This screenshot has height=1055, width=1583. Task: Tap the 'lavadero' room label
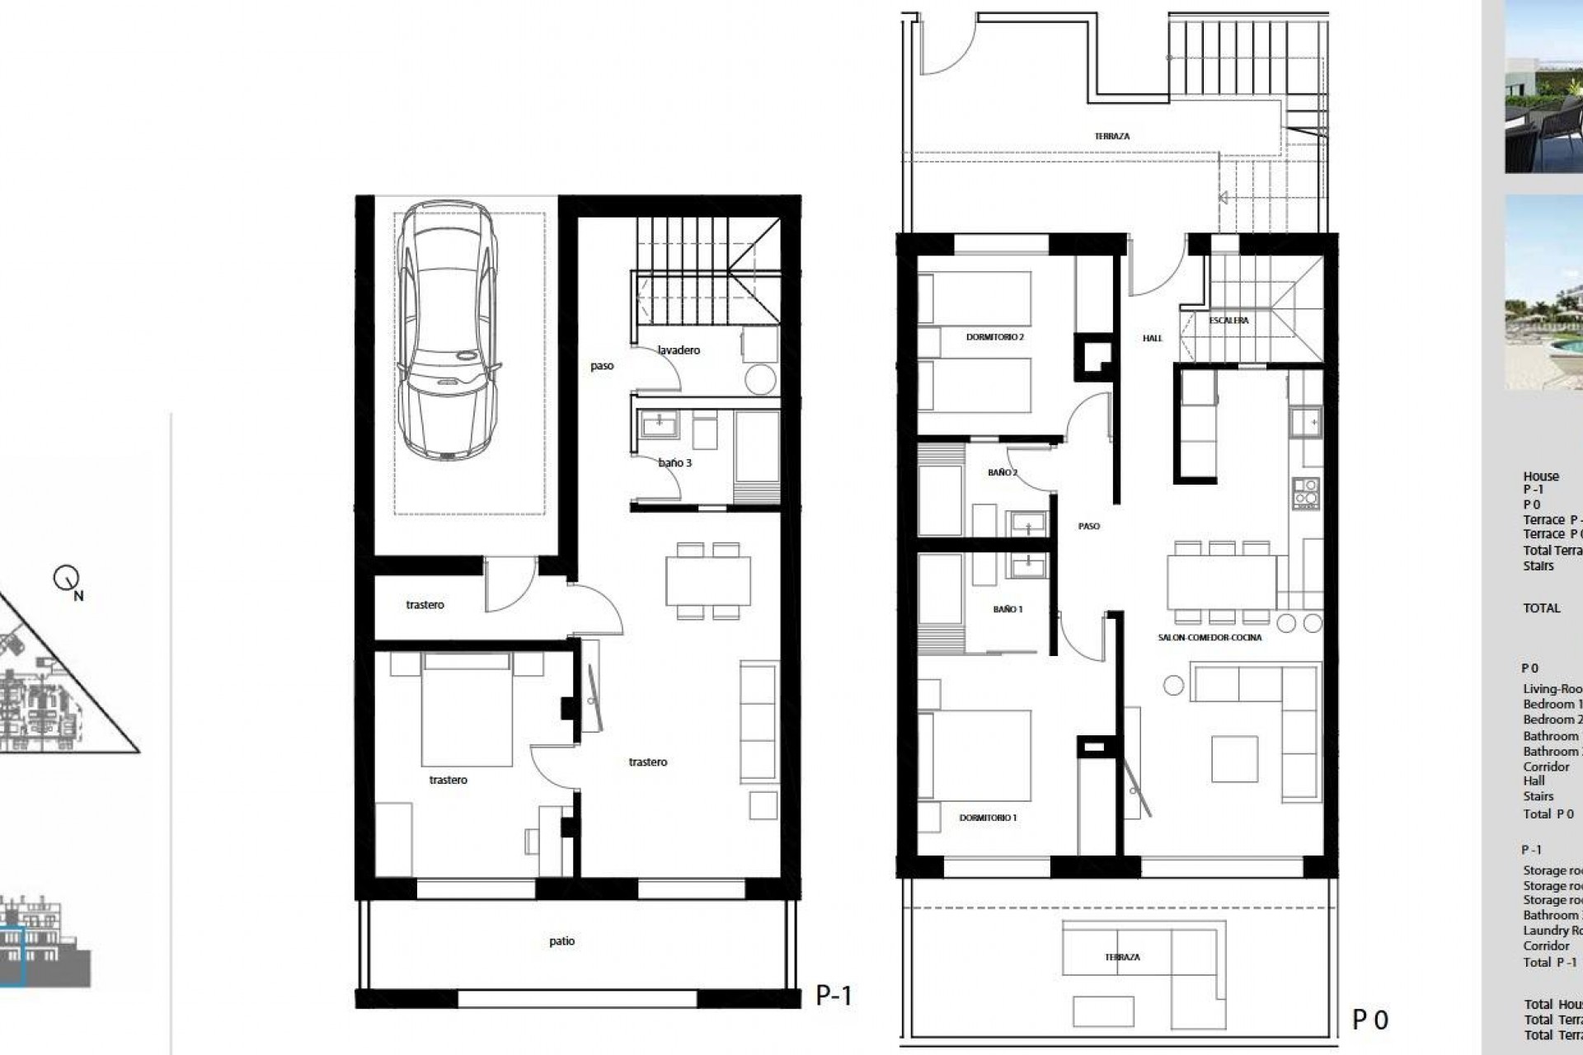pyautogui.click(x=679, y=350)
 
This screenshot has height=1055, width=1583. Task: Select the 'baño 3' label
pyautogui.click(x=675, y=463)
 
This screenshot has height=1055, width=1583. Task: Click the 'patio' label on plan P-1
pyautogui.click(x=561, y=940)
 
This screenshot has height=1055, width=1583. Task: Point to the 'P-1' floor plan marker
pyautogui.click(x=834, y=996)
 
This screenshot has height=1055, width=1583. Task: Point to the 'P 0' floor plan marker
pyautogui.click(x=1370, y=1020)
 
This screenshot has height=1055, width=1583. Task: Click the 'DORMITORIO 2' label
pyautogui.click(x=995, y=337)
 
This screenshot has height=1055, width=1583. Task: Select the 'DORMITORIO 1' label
pyautogui.click(x=988, y=818)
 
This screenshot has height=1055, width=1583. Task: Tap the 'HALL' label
pyautogui.click(x=1152, y=338)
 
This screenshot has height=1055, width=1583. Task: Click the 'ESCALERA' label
pyautogui.click(x=1228, y=321)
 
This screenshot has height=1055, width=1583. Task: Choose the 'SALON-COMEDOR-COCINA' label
pyautogui.click(x=1210, y=637)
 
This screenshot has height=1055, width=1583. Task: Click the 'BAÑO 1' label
pyautogui.click(x=1008, y=609)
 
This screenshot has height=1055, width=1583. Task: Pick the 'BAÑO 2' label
pyautogui.click(x=1003, y=473)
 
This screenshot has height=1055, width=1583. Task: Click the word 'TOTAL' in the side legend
pyautogui.click(x=1541, y=608)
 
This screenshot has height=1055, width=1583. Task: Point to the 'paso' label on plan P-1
pyautogui.click(x=602, y=366)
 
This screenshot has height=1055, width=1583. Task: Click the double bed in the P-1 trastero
pyautogui.click(x=467, y=709)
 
